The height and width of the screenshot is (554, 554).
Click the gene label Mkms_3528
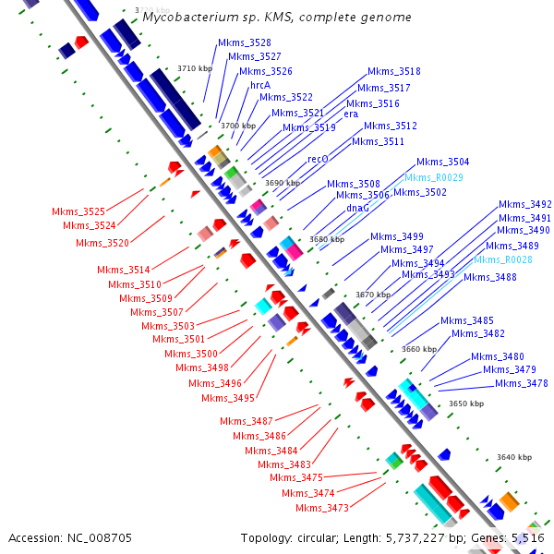pos(245,43)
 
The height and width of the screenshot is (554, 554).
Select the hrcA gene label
pos(260,85)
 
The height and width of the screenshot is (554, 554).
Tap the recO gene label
pos(318,159)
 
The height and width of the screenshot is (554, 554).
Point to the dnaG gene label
pos(358,208)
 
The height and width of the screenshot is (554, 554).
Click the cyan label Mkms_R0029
pos(434,177)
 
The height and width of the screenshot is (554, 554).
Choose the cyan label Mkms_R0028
pos(503,260)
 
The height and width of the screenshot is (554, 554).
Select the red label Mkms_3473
pos(322,508)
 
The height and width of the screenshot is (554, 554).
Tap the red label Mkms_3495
pos(228,398)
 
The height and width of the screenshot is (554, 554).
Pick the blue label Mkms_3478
pos(522,383)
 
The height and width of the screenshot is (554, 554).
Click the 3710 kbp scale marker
pos(195,68)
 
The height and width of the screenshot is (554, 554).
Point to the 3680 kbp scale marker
pos(327,239)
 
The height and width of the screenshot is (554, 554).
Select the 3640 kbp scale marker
pos(514,457)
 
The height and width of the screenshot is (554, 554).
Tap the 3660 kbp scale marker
pos(418,349)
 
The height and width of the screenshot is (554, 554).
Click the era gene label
pos(351,114)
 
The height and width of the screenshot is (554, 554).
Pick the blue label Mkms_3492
pos(525,204)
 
